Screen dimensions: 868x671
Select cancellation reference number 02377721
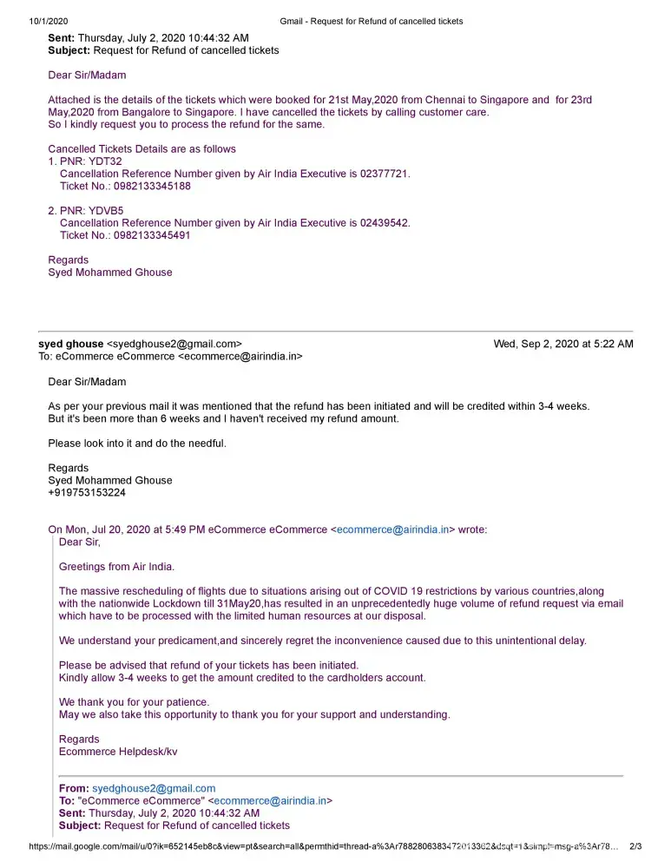click(x=384, y=174)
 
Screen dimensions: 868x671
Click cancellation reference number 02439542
click(x=384, y=223)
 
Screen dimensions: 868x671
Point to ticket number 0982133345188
click(x=152, y=186)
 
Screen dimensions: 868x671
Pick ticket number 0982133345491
click(x=152, y=235)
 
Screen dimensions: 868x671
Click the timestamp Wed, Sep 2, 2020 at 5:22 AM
click(x=562, y=344)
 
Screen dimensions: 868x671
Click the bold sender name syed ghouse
click(x=71, y=344)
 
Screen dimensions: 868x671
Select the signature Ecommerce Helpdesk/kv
click(x=118, y=752)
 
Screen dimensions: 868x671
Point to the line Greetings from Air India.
click(x=116, y=567)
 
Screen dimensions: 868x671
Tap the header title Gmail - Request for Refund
click(x=372, y=21)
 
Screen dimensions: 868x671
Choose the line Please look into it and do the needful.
click(x=137, y=444)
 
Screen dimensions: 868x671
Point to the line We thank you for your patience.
click(x=134, y=701)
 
